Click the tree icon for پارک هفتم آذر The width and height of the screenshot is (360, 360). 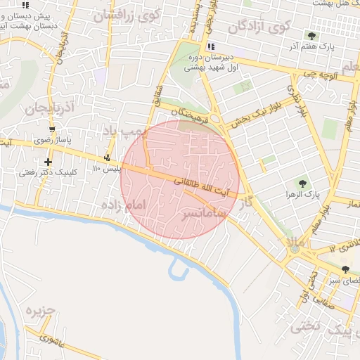click(311, 35)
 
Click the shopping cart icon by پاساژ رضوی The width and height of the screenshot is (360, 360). click(52, 129)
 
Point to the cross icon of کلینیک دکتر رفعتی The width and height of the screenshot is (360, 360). click(47, 163)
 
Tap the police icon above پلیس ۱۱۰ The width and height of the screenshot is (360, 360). click(107, 157)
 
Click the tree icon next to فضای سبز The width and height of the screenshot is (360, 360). click(345, 269)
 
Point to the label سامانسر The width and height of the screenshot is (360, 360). click(204, 212)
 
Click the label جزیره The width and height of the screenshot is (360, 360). click(41, 310)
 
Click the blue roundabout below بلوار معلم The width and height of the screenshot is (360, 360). click(295, 247)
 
